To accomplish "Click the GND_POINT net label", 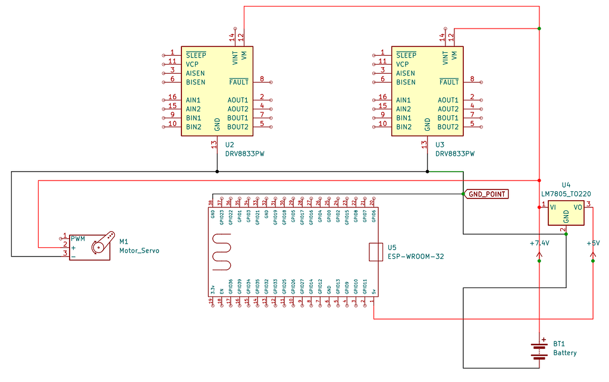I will point(487,194).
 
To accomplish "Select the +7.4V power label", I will point(539,244).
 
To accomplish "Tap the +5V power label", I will point(593,244).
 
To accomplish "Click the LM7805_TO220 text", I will point(566,194).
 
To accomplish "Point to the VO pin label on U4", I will point(577,207).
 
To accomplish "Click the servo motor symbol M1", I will point(90,246).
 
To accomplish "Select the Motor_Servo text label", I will point(139,251).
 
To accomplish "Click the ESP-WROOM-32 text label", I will point(416,257).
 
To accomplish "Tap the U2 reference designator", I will point(230,144).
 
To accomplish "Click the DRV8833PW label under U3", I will point(455,153).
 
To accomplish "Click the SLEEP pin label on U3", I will point(407,55).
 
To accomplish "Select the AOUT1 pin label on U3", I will point(448,100).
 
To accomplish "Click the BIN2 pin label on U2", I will point(193,127).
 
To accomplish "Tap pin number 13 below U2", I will point(214,144).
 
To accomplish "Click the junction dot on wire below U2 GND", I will point(217,172).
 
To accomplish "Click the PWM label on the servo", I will point(78,239).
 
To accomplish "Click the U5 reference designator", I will point(391,247).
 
